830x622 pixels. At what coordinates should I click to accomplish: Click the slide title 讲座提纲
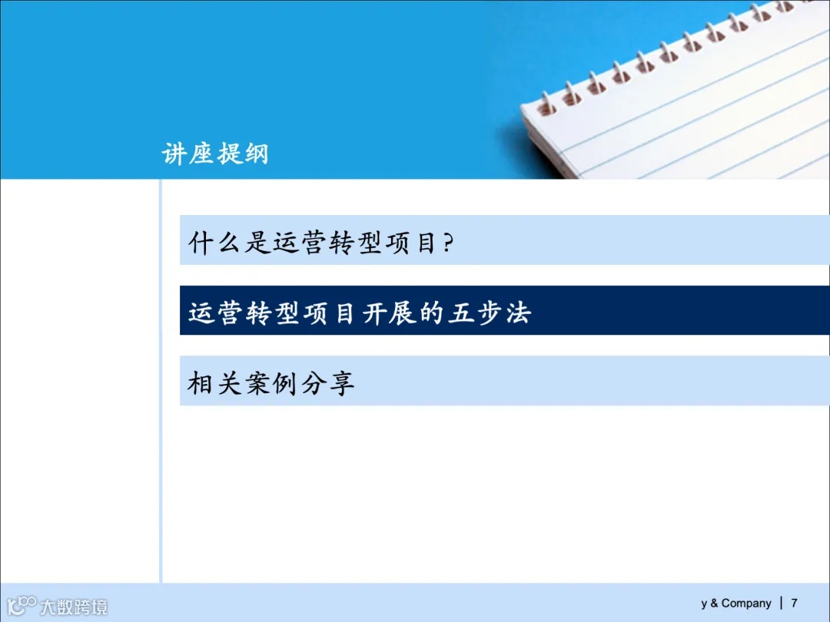[215, 154]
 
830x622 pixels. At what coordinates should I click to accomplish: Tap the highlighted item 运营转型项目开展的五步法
[359, 313]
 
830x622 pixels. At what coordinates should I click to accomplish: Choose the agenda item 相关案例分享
[271, 382]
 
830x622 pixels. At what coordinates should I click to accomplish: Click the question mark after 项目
[448, 244]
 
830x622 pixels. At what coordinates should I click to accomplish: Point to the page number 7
[794, 603]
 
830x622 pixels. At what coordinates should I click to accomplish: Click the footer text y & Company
[735, 604]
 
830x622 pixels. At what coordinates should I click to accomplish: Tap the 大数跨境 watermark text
[74, 607]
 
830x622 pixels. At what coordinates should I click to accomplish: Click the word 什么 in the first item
[216, 243]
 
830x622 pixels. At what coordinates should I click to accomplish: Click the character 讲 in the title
[174, 154]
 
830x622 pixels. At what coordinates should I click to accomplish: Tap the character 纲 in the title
[255, 154]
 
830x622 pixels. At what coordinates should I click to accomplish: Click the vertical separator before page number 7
[782, 603]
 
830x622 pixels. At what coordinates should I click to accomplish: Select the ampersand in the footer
[714, 604]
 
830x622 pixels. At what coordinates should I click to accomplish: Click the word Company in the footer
[745, 604]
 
